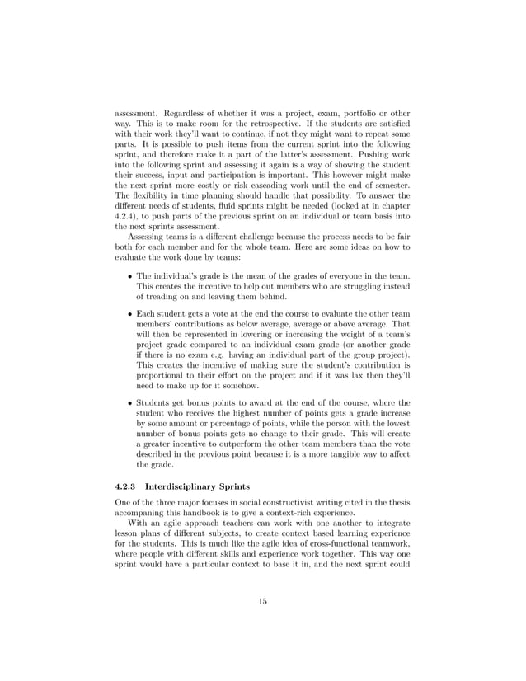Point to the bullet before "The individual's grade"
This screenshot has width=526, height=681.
click(130, 275)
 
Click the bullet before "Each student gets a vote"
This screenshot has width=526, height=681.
click(130, 313)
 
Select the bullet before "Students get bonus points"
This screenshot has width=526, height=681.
click(130, 402)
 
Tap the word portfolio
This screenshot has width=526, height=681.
click(349, 109)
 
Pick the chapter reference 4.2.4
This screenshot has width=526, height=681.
click(129, 214)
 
